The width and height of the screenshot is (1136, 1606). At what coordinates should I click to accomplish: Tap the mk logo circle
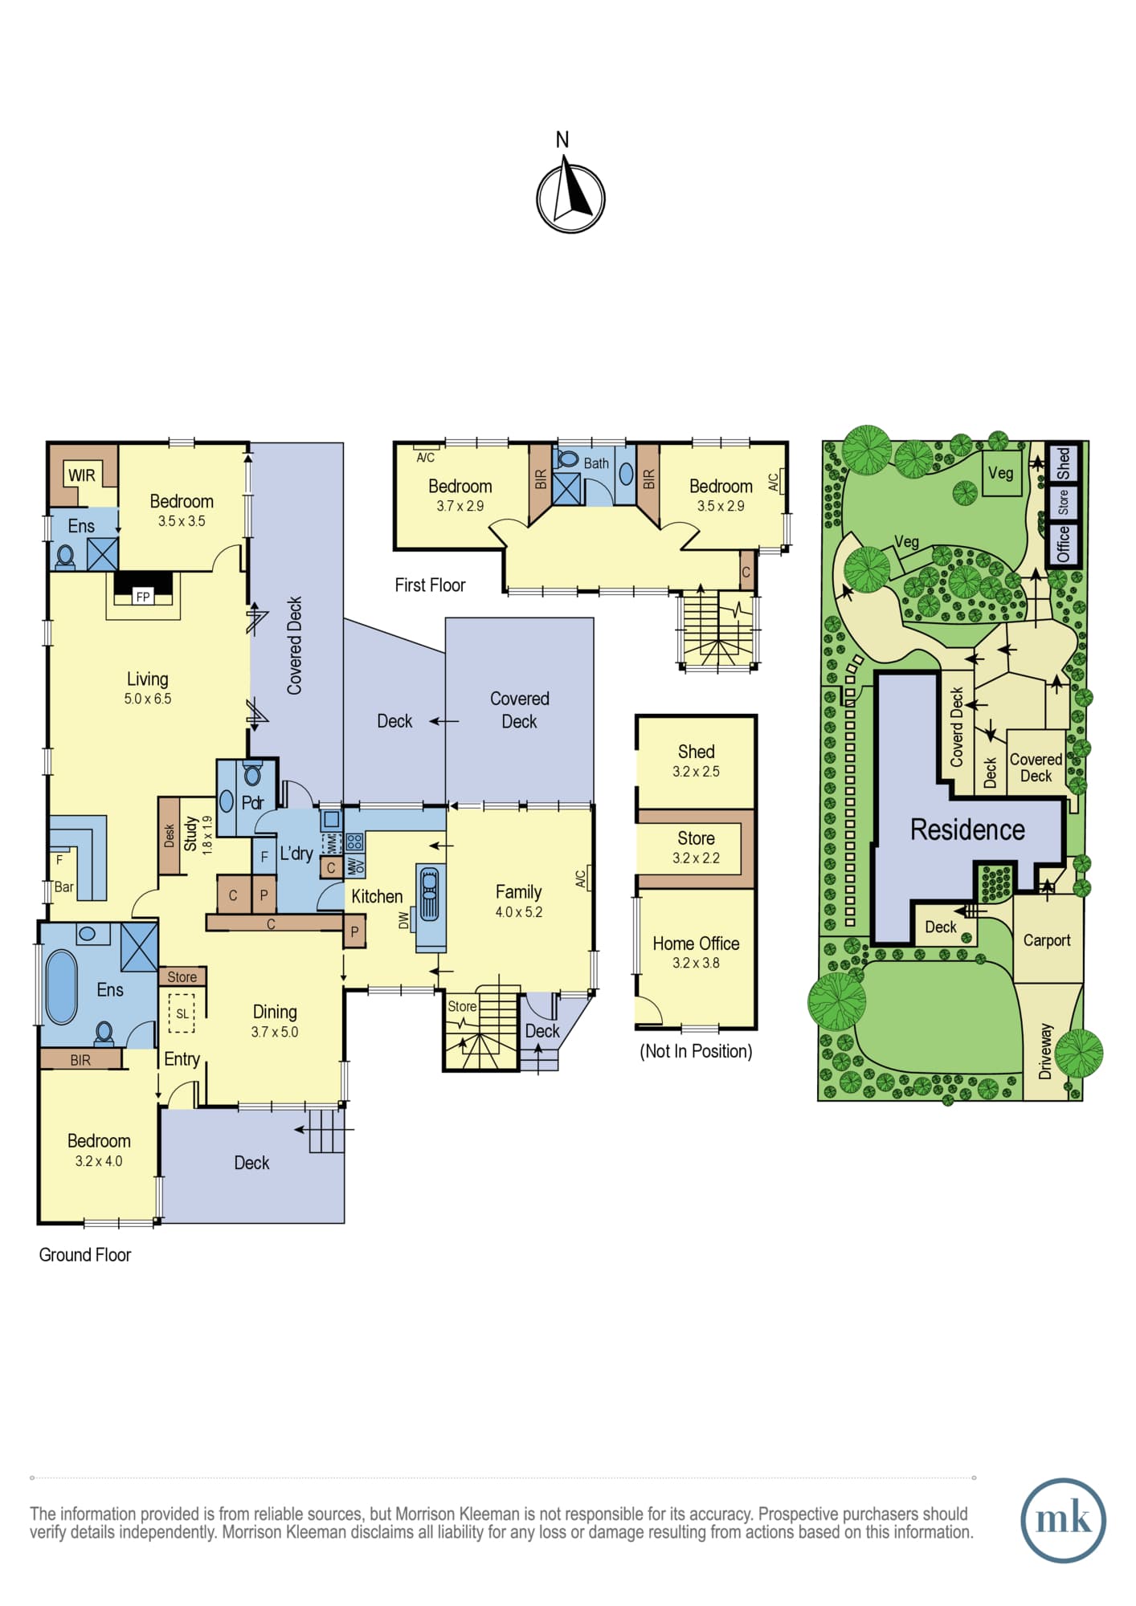pyautogui.click(x=1063, y=1520)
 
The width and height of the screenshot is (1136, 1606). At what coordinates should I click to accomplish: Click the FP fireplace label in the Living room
pyautogui.click(x=143, y=597)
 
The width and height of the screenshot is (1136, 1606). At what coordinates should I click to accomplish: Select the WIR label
pyautogui.click(x=82, y=475)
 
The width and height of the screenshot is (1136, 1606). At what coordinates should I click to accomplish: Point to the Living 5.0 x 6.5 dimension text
pyautogui.click(x=148, y=699)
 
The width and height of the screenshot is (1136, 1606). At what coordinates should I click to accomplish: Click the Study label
pyautogui.click(x=190, y=834)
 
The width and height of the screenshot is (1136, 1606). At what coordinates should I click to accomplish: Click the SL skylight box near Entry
pyautogui.click(x=182, y=1013)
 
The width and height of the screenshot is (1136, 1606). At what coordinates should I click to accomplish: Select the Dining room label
pyautogui.click(x=275, y=1012)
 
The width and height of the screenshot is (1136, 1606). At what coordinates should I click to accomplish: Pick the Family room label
pyautogui.click(x=518, y=891)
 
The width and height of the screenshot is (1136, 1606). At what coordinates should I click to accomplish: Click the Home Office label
pyautogui.click(x=696, y=944)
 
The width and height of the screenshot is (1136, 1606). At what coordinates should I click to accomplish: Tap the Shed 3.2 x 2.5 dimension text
pyautogui.click(x=696, y=772)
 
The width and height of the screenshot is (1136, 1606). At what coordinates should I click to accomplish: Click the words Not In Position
pyautogui.click(x=696, y=1051)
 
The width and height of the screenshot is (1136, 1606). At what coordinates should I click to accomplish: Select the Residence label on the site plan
pyautogui.click(x=967, y=829)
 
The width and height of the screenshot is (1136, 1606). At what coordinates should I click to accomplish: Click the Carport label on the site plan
pyautogui.click(x=1046, y=940)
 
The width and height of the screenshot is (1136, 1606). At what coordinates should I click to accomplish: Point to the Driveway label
pyautogui.click(x=1045, y=1051)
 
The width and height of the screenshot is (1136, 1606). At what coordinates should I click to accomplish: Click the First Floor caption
pyautogui.click(x=430, y=585)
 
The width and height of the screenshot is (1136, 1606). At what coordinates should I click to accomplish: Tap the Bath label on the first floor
pyautogui.click(x=596, y=463)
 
